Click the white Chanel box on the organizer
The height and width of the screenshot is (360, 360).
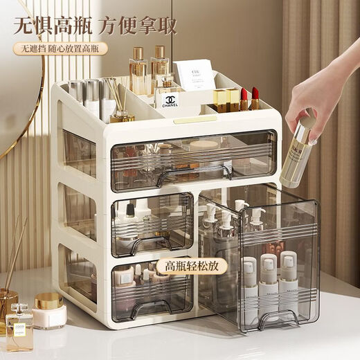point(170,100)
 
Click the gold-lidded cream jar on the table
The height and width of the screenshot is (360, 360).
point(48,310)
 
